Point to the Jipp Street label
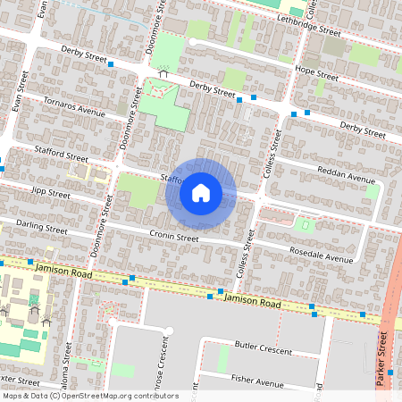pyautogui.click(x=50, y=192)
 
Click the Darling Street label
pyautogui.click(x=43, y=229)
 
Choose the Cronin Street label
pyautogui.click(x=173, y=238)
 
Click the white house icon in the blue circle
pyautogui.click(x=201, y=192)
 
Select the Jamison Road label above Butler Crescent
pyautogui.click(x=254, y=304)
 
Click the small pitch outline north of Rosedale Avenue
pyautogui.click(x=306, y=226)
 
